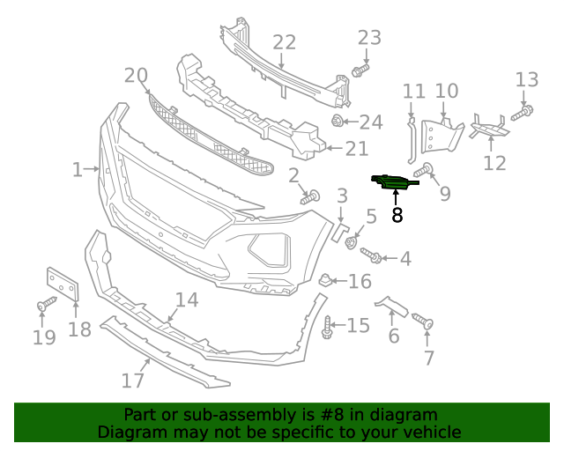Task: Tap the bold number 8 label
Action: pos(397,214)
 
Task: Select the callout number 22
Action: pos(284,42)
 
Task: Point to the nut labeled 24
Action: pos(338,120)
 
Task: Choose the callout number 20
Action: pos(136,76)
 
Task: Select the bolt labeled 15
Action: pos(330,328)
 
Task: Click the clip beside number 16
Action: pos(324,281)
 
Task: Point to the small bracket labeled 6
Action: pos(392,306)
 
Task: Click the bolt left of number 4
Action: pos(371,255)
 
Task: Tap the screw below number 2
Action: pos(310,198)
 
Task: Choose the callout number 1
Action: pos(78,169)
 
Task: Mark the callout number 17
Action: pos(132,381)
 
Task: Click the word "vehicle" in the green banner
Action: pos(432,433)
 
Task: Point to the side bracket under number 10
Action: pos(439,134)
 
